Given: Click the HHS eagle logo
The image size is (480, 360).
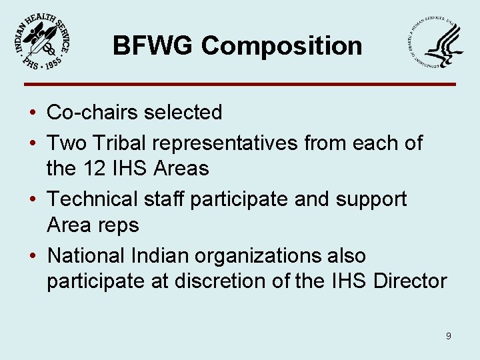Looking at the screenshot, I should coord(434,44).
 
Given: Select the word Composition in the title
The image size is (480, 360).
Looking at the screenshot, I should coord(281,47).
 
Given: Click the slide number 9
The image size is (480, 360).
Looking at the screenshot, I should coord(448,336).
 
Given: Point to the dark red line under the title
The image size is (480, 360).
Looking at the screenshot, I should coord(240,84).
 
